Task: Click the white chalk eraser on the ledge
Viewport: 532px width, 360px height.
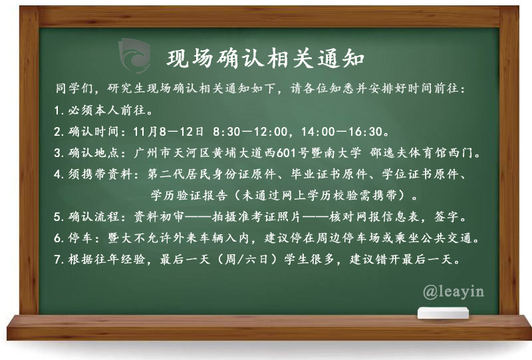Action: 443,313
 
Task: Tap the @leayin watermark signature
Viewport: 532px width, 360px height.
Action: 454,292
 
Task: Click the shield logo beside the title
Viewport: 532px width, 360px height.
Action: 135,55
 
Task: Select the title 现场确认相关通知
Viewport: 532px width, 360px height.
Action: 265,59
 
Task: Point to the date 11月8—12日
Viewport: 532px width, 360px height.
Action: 169,132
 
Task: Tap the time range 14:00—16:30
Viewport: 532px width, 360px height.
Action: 342,132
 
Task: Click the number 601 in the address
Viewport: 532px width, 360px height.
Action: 286,153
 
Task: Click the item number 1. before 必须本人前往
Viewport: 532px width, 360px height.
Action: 59,110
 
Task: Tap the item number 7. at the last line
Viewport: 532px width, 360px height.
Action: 59,260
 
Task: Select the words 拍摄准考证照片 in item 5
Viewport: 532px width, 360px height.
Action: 257,217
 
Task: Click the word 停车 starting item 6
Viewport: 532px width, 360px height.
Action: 80,238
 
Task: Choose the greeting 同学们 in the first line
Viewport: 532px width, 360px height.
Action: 74,89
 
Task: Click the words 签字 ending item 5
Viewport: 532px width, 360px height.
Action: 447,217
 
